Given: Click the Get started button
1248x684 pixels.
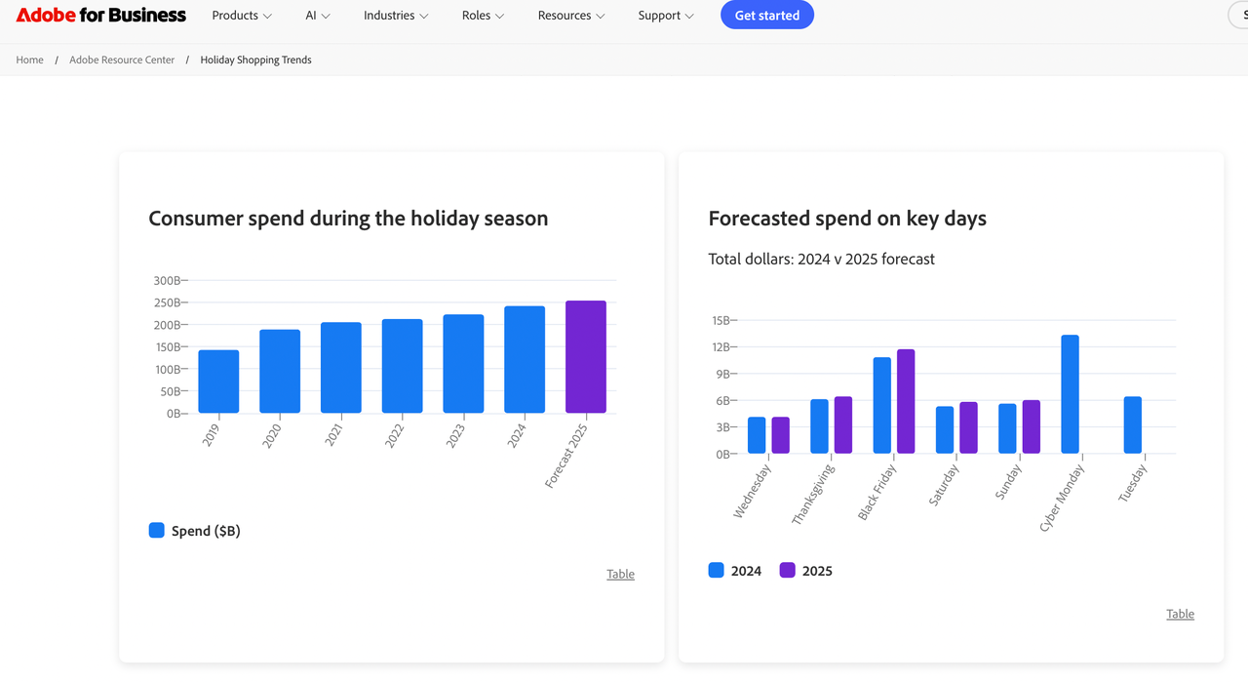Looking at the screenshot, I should (766, 16).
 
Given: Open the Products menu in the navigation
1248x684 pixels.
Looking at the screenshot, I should (242, 16).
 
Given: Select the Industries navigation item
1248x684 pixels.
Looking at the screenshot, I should (396, 16).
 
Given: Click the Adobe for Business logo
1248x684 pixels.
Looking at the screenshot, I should (101, 16).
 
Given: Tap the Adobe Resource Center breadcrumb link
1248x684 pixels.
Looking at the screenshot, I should (122, 60).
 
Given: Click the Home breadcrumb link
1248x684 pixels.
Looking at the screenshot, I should (30, 60).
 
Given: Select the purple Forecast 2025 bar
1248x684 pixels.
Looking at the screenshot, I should (586, 356).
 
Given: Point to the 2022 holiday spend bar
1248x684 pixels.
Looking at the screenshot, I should (402, 366).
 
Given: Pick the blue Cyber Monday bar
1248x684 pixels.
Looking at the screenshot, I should (1070, 394).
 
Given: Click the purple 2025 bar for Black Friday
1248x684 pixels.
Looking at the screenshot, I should (906, 401).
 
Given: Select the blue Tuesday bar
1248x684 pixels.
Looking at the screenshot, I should (1132, 424).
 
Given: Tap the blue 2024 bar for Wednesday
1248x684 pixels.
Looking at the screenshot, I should (757, 435).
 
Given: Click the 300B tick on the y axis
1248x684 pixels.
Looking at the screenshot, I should (168, 281).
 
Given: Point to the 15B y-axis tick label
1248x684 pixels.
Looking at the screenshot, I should (721, 320).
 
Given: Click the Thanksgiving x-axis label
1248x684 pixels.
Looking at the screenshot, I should (813, 495).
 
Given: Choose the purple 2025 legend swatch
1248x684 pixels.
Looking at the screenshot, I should (788, 571).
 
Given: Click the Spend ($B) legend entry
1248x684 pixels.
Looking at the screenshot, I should (195, 531).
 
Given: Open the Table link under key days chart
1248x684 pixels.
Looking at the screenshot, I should (1180, 614).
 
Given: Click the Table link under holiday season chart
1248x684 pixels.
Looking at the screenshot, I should (620, 574).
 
